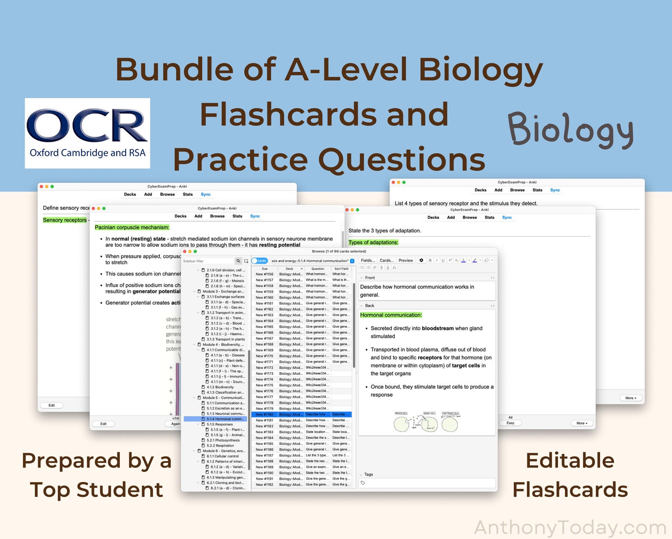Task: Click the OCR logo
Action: tap(87, 133)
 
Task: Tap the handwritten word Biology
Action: tap(570, 130)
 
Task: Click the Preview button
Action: tap(405, 260)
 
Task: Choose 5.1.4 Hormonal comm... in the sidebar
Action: tap(225, 419)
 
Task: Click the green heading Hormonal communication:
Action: tap(391, 315)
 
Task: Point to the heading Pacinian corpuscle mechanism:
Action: tap(132, 227)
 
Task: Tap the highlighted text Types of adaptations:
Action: tap(373, 243)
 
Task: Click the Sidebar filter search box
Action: tap(208, 261)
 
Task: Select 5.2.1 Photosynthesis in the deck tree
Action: tap(223, 440)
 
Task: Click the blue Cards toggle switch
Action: tap(259, 261)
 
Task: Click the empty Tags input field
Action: tap(427, 483)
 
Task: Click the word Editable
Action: tap(570, 461)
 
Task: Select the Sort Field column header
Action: tap(341, 268)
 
